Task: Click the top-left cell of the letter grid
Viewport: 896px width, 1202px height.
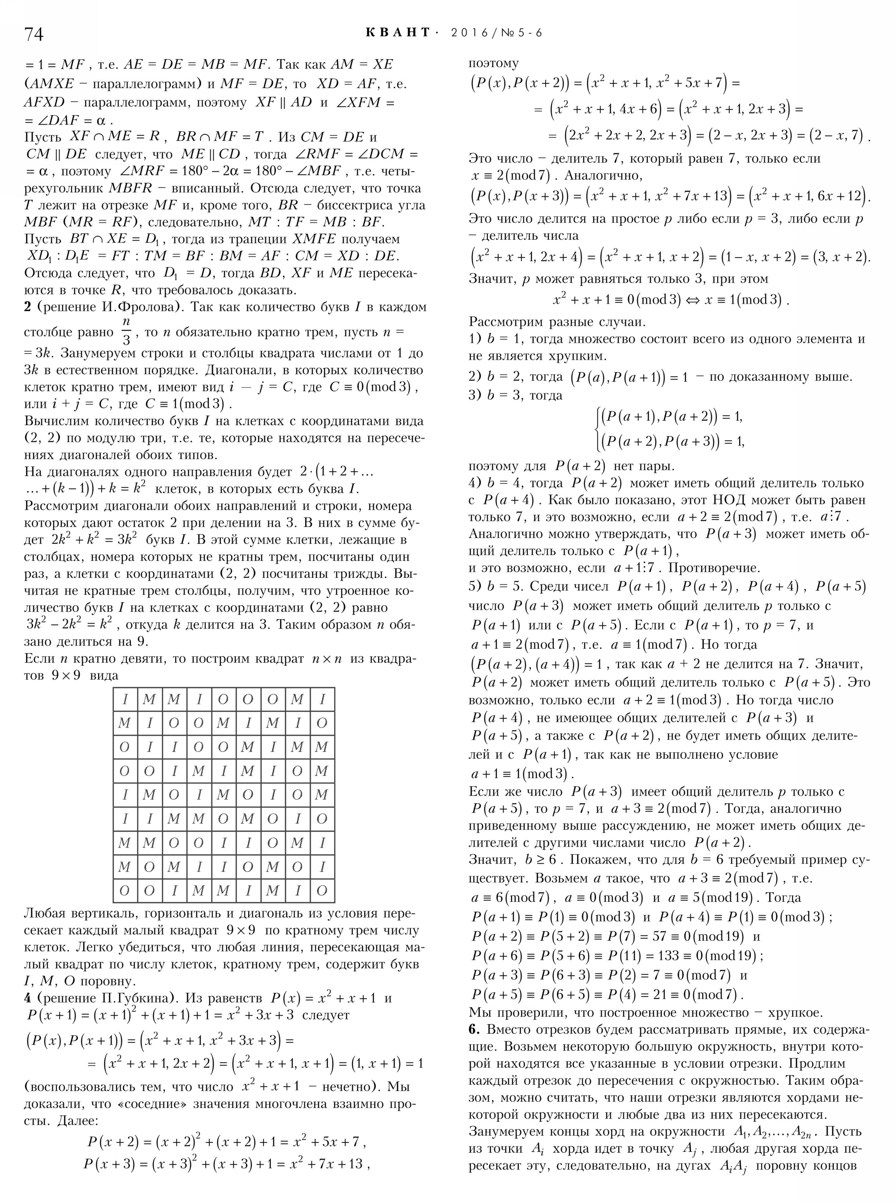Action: (x=125, y=699)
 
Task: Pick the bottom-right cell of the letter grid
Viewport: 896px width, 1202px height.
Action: (x=322, y=891)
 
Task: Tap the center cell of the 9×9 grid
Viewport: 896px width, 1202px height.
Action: (x=224, y=795)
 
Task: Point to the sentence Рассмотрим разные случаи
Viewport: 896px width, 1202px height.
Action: (x=557, y=322)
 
